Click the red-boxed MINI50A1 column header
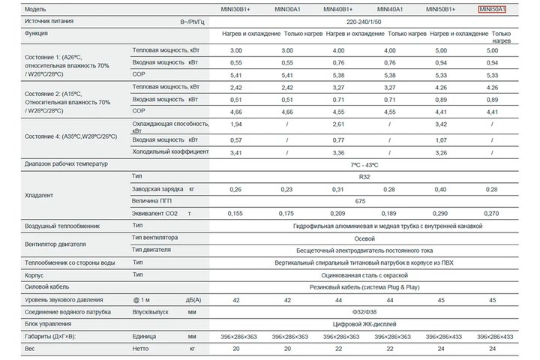point(492,9)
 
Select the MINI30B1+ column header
point(235,9)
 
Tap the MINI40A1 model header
point(390,9)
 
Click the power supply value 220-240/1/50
point(364,22)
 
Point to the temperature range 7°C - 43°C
point(364,165)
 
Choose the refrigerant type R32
point(364,177)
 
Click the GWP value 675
point(360,201)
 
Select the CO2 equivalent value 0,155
point(235,214)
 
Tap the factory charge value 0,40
point(440,190)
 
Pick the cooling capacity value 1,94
point(236,124)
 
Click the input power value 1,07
point(441,140)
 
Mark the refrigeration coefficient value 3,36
point(338,152)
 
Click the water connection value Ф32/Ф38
point(364,312)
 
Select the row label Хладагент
point(39,195)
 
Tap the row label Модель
point(35,9)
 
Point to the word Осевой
point(364,238)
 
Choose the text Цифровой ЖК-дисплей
point(364,324)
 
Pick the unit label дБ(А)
point(193,300)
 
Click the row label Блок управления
point(48,324)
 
